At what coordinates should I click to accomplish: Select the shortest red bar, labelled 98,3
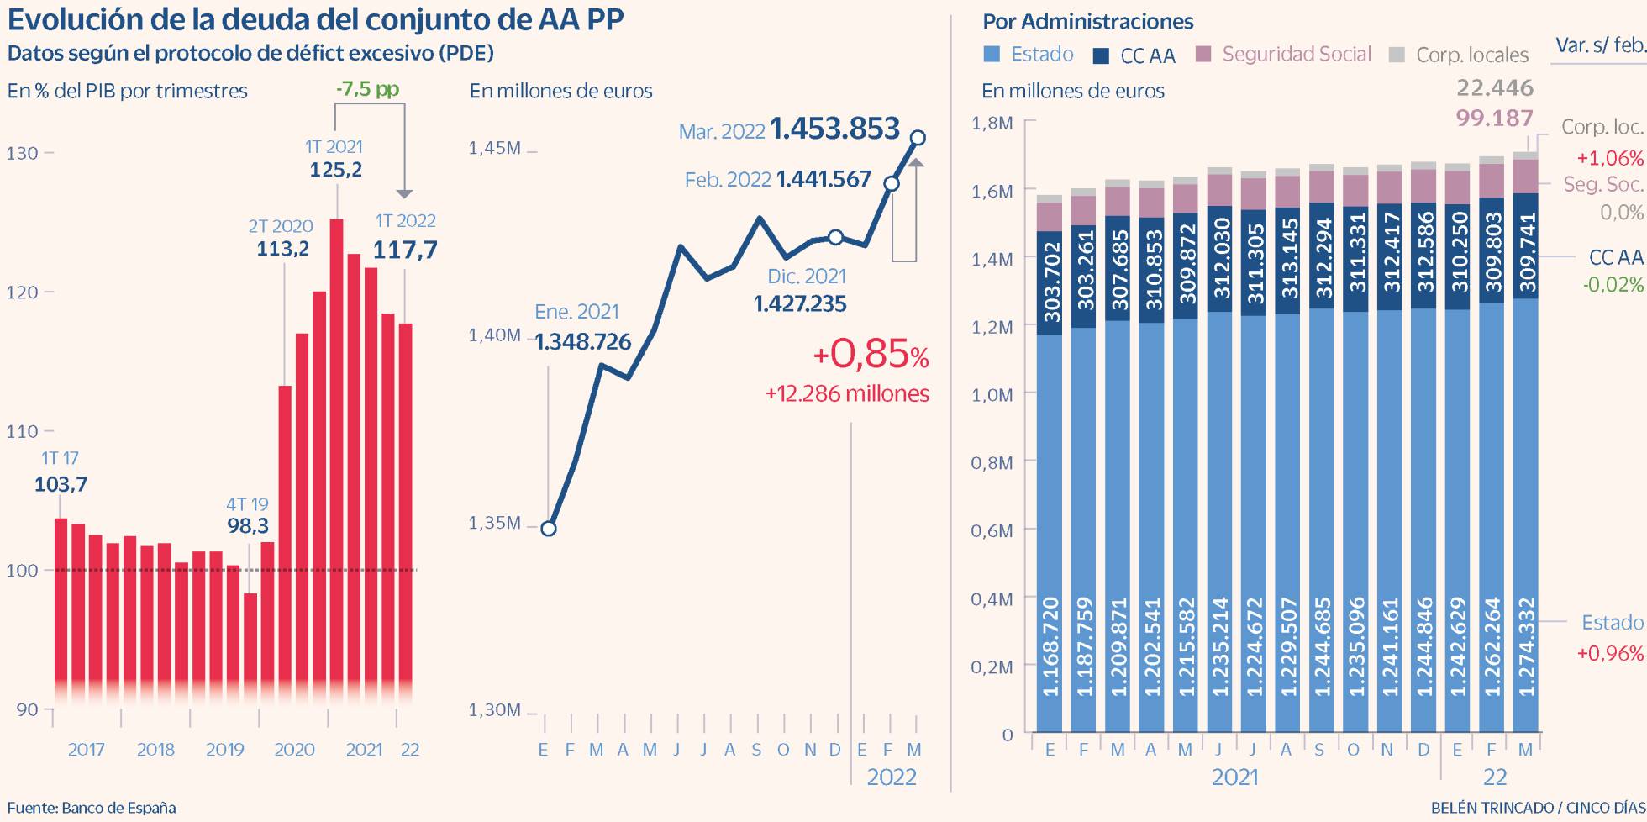(250, 647)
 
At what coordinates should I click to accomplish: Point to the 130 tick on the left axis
(23, 153)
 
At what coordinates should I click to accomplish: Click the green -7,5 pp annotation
(367, 89)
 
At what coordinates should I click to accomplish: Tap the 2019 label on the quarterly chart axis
(224, 750)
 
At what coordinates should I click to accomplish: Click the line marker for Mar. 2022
(918, 138)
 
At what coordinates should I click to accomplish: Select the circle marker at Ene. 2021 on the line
(548, 529)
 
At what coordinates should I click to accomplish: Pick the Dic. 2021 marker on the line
(834, 237)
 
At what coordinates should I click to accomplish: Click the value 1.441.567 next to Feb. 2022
(823, 179)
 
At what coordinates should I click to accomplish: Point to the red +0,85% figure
(871, 355)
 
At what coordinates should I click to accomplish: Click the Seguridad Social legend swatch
(1203, 55)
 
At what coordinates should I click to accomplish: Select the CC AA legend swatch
(1101, 56)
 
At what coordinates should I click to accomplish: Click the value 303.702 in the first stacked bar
(1050, 282)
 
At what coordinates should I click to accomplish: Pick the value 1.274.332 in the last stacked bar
(1526, 647)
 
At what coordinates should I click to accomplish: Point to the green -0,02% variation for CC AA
(1613, 285)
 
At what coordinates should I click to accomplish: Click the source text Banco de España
(118, 809)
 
